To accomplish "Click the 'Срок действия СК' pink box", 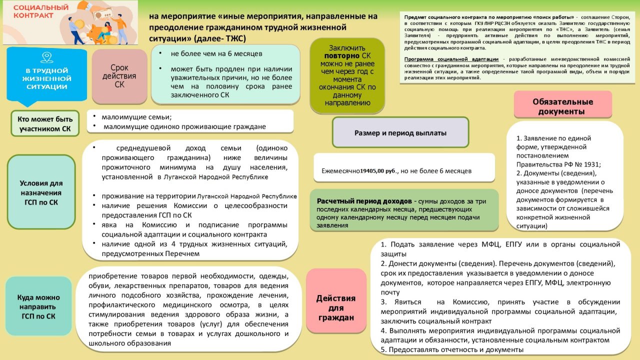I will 119,76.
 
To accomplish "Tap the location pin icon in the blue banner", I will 46,56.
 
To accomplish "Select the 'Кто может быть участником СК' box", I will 45,123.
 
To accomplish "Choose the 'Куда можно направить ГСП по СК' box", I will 38,306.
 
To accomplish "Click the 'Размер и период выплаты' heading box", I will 400,132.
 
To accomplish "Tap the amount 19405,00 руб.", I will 378,171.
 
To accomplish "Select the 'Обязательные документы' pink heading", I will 562,106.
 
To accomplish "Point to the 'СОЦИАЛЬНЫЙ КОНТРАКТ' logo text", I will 34,12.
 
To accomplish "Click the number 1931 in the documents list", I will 592,164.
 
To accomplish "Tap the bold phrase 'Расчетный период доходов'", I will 364,201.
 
